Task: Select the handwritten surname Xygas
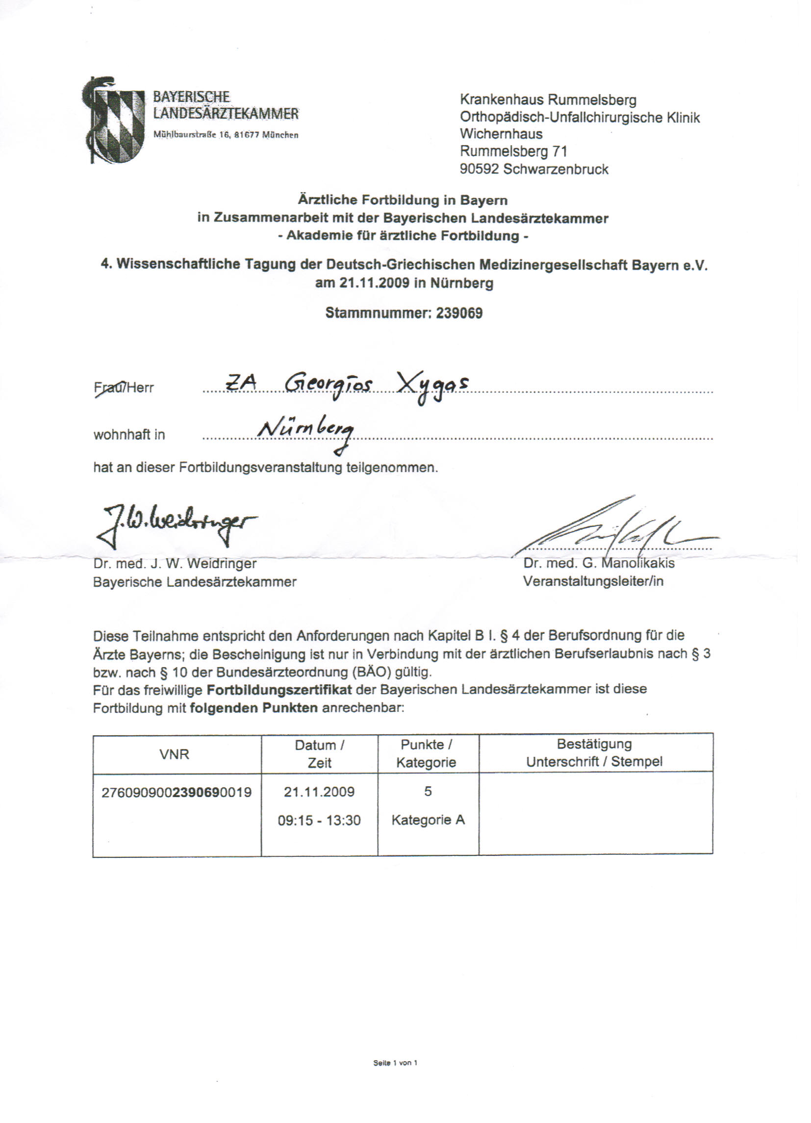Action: coord(433,385)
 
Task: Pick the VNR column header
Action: coord(175,754)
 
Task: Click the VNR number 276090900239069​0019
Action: coord(177,792)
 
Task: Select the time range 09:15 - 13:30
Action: coord(319,821)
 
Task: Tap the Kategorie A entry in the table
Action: coord(428,820)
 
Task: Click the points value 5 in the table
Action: coord(428,791)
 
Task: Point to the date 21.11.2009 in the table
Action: coord(319,791)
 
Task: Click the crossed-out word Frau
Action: coord(107,388)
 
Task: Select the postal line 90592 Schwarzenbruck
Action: coord(533,169)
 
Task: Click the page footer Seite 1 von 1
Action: coord(395,1063)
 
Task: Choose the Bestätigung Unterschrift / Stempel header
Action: coord(594,752)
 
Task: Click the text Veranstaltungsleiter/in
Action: coord(593,581)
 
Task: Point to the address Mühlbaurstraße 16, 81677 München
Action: coord(226,135)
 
